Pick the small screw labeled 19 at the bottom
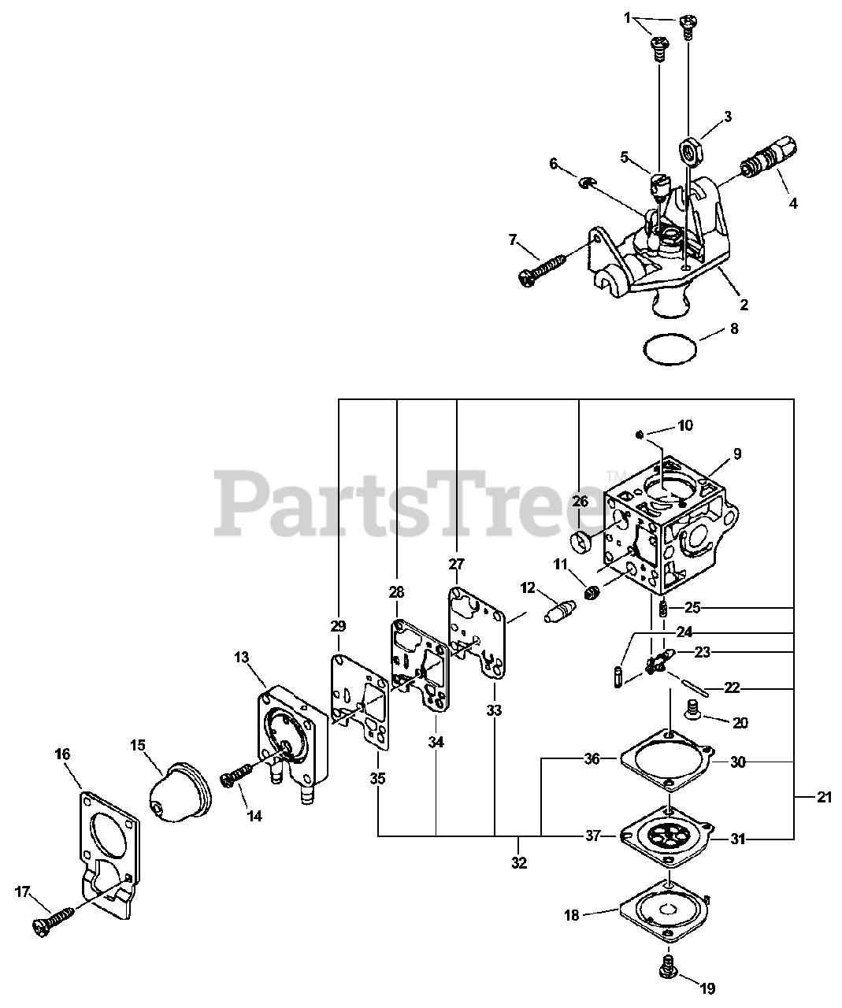[x=670, y=965]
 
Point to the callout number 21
[x=824, y=798]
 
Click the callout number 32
[x=518, y=862]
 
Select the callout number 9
[x=737, y=454]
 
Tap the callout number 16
[x=62, y=754]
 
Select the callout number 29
[x=338, y=626]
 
